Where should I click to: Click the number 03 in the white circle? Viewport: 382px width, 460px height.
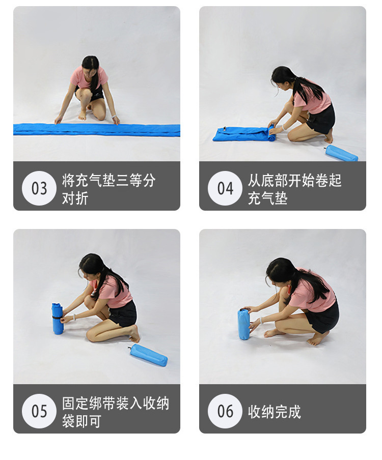tap(39, 188)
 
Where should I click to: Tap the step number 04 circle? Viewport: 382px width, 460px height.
tap(225, 188)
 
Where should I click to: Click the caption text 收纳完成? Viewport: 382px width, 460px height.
tap(275, 411)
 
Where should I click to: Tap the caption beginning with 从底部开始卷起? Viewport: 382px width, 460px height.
tap(295, 189)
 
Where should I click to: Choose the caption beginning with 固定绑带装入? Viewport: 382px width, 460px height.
tap(116, 412)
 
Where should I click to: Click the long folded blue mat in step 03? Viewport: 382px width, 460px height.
tap(97, 130)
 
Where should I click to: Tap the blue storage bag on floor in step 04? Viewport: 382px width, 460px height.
tap(342, 153)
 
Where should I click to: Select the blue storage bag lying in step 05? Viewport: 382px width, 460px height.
tap(149, 355)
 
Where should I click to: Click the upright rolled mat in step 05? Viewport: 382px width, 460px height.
tap(57, 320)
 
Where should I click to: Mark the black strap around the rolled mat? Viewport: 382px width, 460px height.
tap(57, 317)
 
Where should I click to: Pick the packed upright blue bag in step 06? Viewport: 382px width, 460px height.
tap(243, 324)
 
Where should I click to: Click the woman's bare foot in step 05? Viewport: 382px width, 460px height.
tap(134, 334)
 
